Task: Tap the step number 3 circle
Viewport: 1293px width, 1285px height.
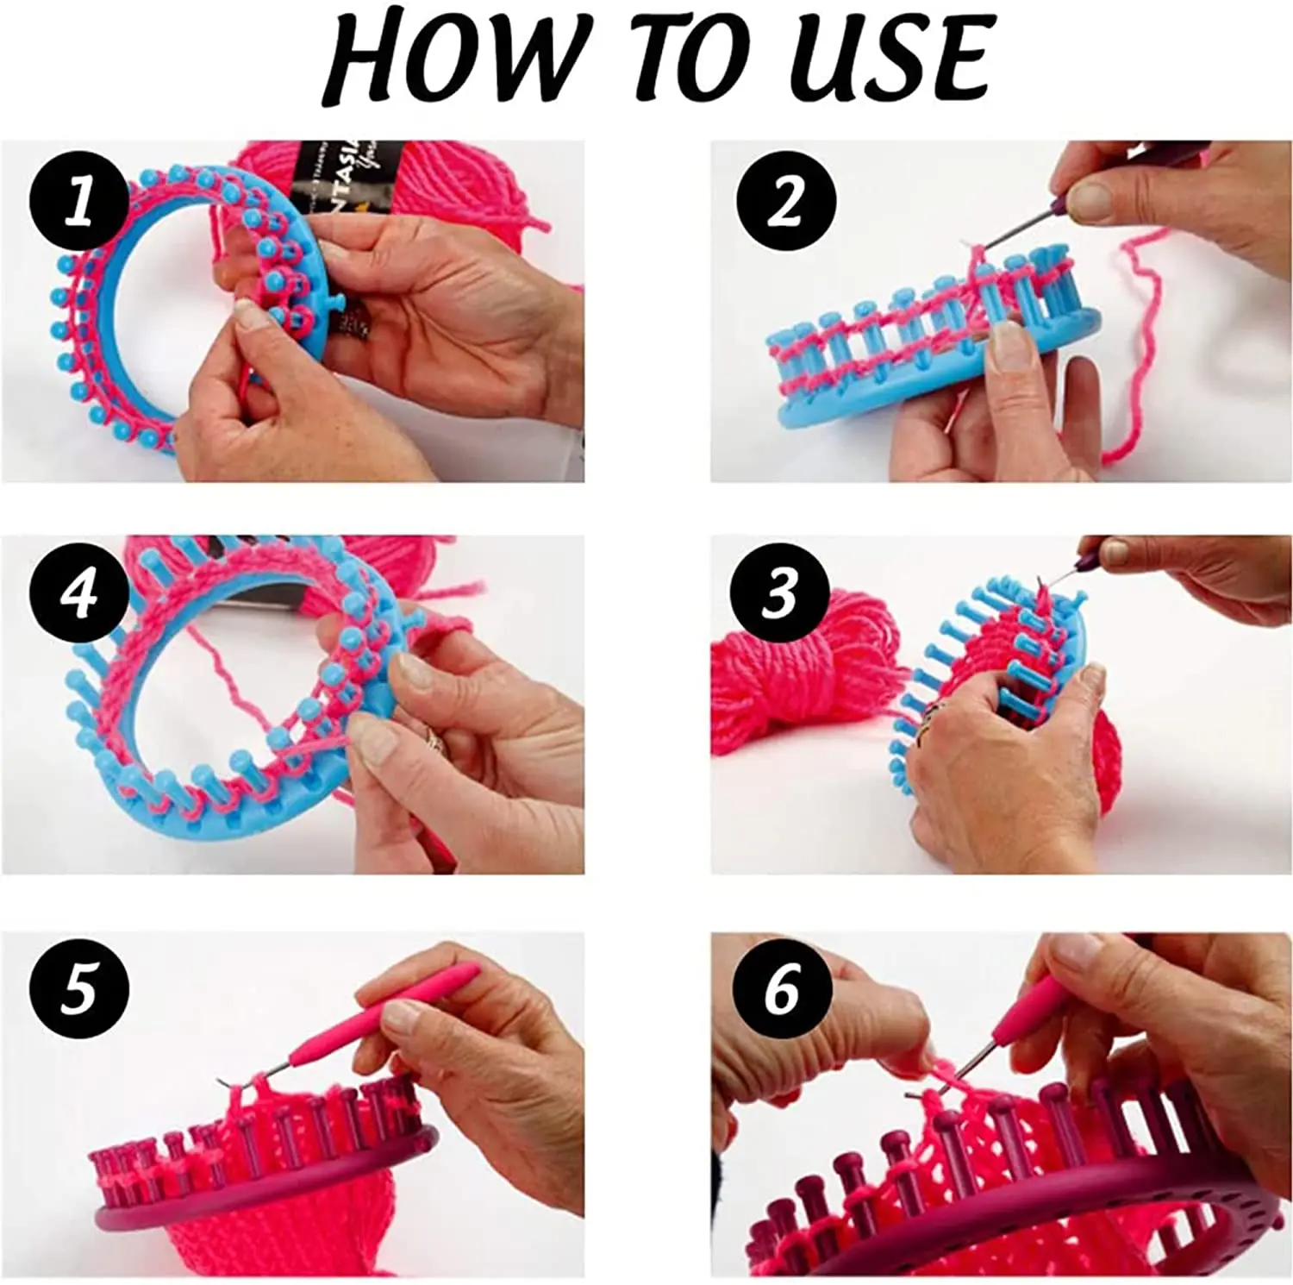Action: coord(780,594)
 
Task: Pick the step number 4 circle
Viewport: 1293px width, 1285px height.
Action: coord(79,594)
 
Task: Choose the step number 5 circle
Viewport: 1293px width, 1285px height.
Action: coord(79,988)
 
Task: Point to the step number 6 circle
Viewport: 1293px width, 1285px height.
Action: coord(782,988)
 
